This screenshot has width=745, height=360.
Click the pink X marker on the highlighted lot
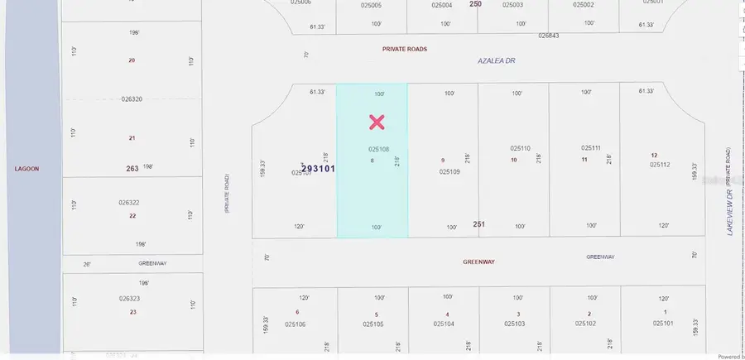tap(377, 122)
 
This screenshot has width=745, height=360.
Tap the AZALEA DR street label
tap(497, 60)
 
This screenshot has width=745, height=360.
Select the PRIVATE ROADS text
tap(404, 49)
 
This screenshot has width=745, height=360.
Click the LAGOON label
tap(26, 168)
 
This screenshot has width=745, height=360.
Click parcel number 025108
tap(378, 149)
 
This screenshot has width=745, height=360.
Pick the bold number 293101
tap(318, 168)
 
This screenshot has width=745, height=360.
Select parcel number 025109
tap(449, 171)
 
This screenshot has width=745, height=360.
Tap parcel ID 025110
tap(520, 148)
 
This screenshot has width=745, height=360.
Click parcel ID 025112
tap(660, 164)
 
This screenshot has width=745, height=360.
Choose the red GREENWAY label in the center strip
tap(478, 261)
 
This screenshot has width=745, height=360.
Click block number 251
tap(478, 224)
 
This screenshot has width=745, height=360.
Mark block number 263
tap(132, 169)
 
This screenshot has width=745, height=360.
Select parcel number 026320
tap(132, 98)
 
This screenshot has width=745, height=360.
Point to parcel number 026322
tap(129, 202)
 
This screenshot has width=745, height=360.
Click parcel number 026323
tap(129, 299)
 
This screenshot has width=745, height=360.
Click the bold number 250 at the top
tap(475, 4)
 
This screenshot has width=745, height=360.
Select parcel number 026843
tap(548, 36)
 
